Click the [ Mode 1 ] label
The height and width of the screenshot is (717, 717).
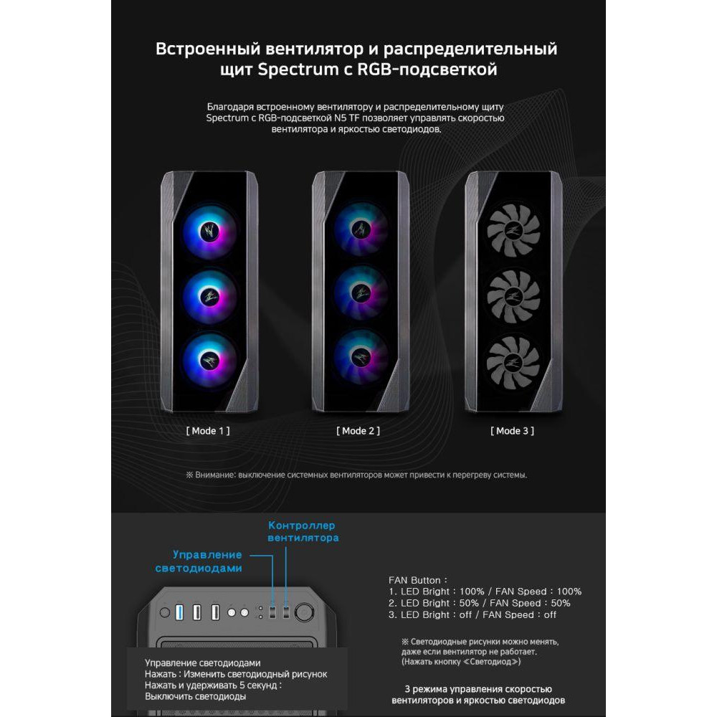point(208,431)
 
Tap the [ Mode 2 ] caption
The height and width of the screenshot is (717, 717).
point(358,431)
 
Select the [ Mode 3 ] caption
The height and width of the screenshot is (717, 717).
point(512,431)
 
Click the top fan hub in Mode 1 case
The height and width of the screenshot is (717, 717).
point(209,231)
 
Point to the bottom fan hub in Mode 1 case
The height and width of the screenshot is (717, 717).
point(209,361)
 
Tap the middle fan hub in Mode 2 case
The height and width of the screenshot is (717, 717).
point(361,293)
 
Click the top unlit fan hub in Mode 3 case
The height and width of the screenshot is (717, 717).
point(513,230)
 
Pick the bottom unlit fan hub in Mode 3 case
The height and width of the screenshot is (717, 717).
point(513,361)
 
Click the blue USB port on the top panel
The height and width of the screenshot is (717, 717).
point(179,612)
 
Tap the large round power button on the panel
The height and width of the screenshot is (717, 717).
point(304,612)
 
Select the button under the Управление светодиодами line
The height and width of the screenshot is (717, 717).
point(272,612)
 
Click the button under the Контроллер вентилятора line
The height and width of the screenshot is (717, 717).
point(286,612)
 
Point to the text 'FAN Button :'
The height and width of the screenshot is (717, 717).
point(418,580)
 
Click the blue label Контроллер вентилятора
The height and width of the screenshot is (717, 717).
point(303,532)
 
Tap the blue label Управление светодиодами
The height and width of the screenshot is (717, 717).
point(199,561)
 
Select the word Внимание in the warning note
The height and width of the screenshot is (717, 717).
point(215,475)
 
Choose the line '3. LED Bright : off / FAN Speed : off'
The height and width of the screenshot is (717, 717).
point(473,615)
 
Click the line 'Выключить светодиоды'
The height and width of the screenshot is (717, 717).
point(195,696)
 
